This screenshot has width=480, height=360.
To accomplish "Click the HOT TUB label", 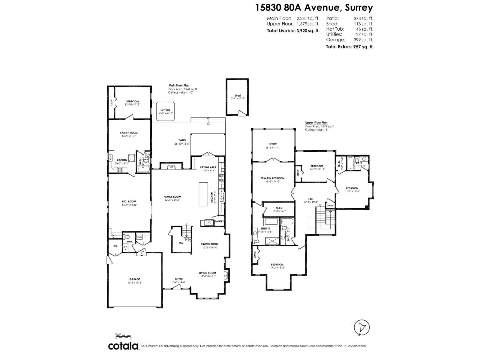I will pyautogui.click(x=166, y=110).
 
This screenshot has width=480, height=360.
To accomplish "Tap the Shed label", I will pyautogui.click(x=238, y=96).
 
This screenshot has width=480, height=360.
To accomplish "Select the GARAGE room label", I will pyautogui.click(x=135, y=279).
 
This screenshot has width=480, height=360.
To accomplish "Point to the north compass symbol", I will pyautogui.click(x=362, y=328).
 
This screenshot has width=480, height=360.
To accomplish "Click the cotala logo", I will pyautogui.click(x=123, y=346).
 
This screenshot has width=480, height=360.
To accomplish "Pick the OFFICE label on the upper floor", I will pyautogui.click(x=273, y=144).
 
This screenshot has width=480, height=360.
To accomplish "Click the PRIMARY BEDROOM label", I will pyautogui.click(x=273, y=178).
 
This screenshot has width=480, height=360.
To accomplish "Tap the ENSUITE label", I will pyautogui.click(x=265, y=228).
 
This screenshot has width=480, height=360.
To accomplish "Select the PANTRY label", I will pyautogui.click(x=219, y=221).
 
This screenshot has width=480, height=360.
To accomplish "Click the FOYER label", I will pyautogui.click(x=179, y=279).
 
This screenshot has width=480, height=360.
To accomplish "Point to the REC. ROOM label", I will pyautogui.click(x=129, y=201).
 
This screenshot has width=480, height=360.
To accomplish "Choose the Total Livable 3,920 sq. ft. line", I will pyautogui.click(x=293, y=31).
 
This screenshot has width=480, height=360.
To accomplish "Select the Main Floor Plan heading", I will pyautogui.click(x=179, y=85).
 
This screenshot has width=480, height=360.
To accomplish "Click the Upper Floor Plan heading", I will pyautogui.click(x=316, y=122).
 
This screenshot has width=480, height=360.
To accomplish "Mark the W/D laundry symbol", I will pyautogui.click(x=139, y=236).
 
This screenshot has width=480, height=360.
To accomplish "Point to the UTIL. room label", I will pyautogui.click(x=115, y=246).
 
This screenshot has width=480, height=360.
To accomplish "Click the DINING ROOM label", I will pyautogui.click(x=209, y=244).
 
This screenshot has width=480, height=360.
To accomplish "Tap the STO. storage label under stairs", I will pyautogui.click(x=181, y=243).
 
